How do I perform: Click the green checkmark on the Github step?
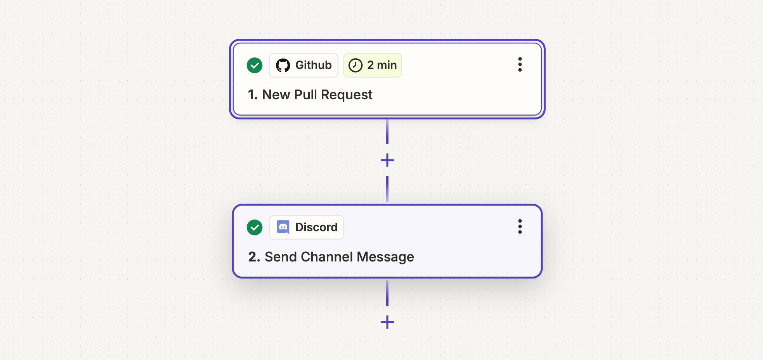(255, 65)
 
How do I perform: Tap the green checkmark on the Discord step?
(255, 227)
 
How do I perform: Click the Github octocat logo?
(283, 65)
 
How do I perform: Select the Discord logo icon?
(283, 227)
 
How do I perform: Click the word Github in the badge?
(314, 65)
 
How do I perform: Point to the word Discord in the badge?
(316, 227)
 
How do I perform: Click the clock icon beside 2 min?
(355, 65)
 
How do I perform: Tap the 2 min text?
(382, 65)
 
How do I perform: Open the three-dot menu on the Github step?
(520, 64)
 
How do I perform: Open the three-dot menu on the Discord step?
(520, 227)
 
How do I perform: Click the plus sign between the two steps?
(387, 160)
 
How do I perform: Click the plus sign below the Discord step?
(387, 322)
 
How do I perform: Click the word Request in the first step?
(347, 95)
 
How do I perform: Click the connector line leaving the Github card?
(387, 132)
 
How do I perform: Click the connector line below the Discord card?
(387, 293)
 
